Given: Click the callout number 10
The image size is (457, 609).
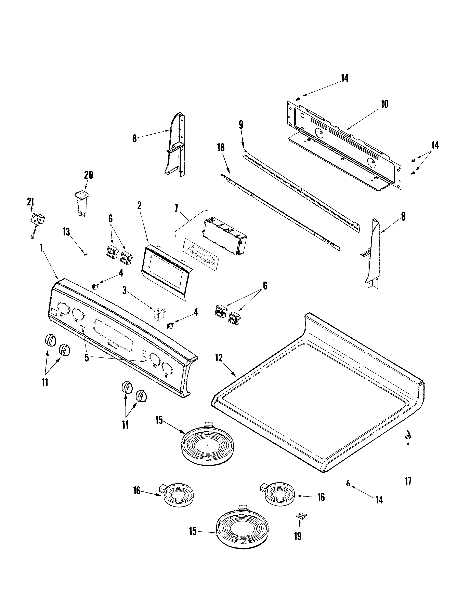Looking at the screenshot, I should pyautogui.click(x=384, y=104).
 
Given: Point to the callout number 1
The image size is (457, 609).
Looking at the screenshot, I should pyautogui.click(x=41, y=248).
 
